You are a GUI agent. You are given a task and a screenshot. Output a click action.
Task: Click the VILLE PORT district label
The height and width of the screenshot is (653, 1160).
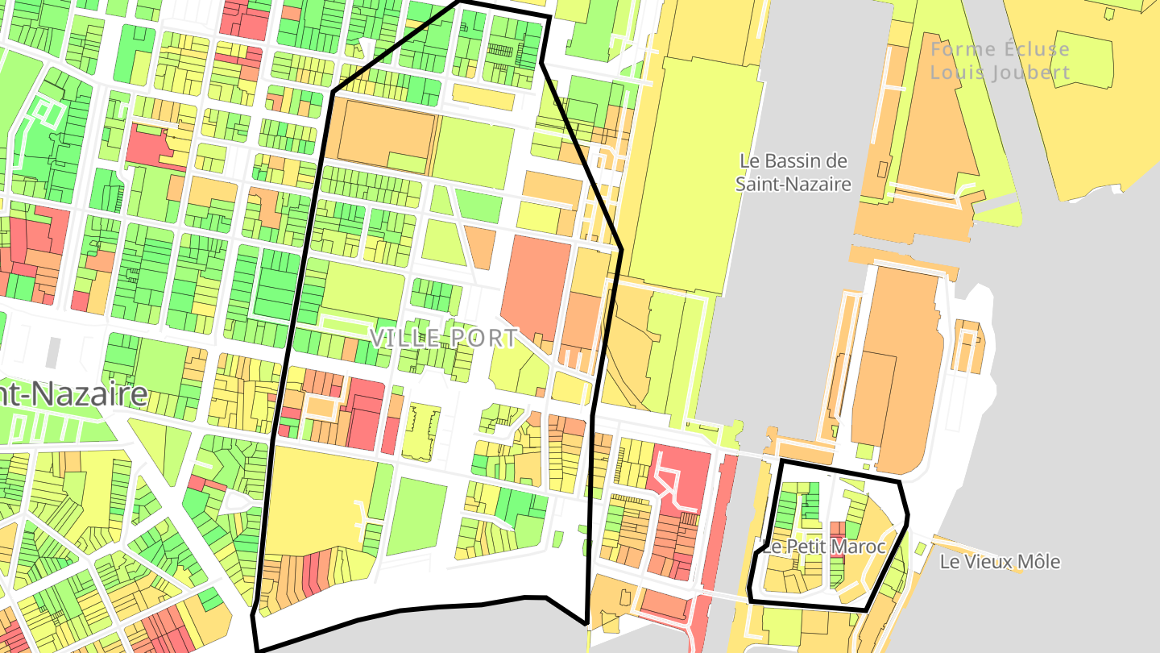(443, 338)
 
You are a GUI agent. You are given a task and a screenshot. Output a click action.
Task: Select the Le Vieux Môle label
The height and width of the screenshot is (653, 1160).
(1000, 562)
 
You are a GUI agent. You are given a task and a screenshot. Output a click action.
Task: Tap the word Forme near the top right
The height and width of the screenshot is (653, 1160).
(963, 49)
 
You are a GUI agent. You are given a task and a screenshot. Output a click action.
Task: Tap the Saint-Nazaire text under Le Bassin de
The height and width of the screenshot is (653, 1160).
(793, 184)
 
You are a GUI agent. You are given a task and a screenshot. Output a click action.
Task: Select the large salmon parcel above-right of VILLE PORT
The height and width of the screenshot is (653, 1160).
(536, 286)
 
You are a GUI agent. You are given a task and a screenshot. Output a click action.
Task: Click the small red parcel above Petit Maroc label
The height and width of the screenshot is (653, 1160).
(837, 529)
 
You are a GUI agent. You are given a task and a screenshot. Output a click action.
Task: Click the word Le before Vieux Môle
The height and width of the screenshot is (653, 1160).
(950, 562)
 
